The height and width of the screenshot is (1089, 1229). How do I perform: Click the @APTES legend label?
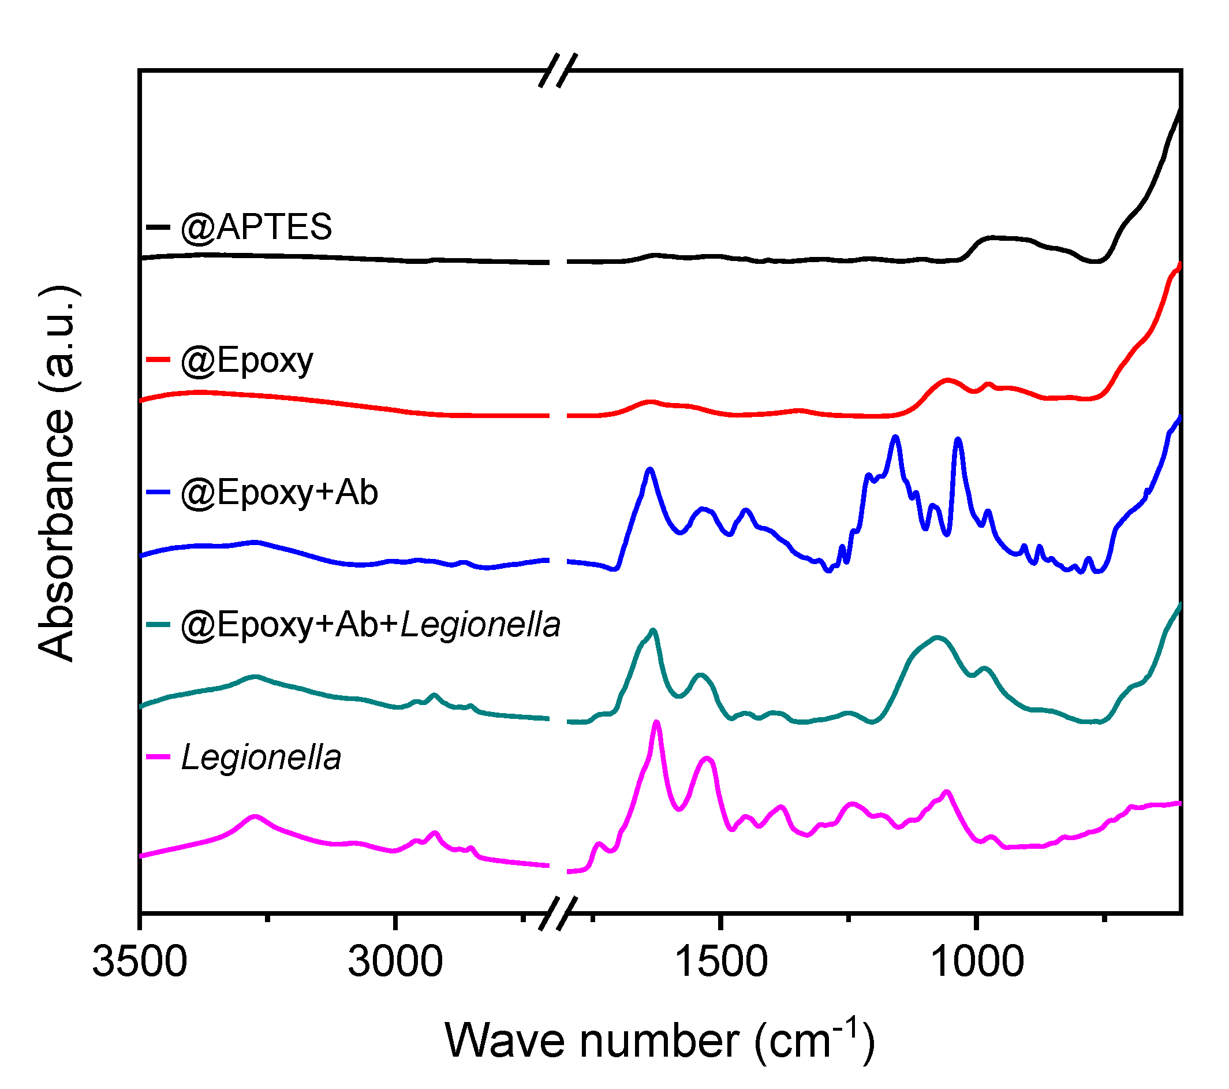(256, 228)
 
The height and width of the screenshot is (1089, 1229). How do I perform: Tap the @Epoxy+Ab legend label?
(279, 493)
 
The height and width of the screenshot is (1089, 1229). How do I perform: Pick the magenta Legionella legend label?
(261, 757)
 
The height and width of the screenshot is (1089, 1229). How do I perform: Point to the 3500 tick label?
(140, 961)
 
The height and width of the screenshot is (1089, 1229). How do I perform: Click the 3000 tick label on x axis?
(395, 961)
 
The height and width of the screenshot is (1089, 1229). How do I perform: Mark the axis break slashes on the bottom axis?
(558, 913)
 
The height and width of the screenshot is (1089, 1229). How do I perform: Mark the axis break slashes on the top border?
(558, 70)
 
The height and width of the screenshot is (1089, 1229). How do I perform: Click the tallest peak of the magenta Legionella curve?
(656, 723)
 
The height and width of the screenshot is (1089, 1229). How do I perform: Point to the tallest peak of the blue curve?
(896, 438)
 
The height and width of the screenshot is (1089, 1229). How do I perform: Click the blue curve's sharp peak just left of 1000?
(958, 441)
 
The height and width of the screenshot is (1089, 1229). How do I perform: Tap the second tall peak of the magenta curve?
(708, 759)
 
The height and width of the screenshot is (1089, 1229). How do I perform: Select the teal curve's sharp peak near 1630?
(653, 631)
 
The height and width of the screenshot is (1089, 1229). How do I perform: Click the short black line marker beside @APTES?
(158, 228)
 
